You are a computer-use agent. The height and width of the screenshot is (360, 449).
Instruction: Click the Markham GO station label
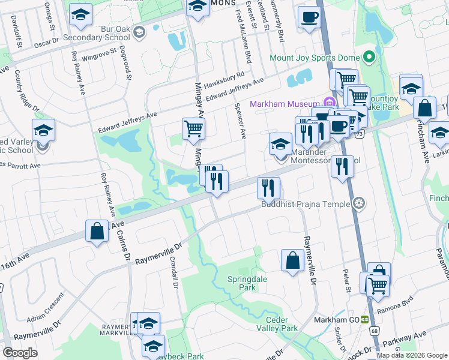pos(336,320)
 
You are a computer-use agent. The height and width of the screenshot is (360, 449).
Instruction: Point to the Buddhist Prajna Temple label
pos(306,204)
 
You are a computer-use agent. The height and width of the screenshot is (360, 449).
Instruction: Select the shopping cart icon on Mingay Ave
pos(193,128)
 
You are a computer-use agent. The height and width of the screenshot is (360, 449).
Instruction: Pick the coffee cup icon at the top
pos(310,17)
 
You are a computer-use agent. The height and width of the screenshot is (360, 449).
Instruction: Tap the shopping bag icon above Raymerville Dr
pos(292,260)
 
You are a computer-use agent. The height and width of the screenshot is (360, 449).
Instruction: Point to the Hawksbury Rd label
pos(223,79)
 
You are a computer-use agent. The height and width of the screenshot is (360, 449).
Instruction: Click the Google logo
pos(20,352)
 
